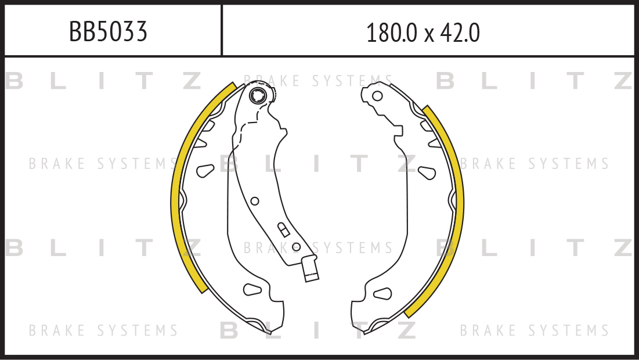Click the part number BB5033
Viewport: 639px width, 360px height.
108,33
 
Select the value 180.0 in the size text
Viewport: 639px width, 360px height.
391,34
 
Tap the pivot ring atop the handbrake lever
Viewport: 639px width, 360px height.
258,95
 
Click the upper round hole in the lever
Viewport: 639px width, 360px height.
254,201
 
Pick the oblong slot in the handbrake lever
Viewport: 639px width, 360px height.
283,229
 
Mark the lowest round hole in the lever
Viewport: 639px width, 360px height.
297,247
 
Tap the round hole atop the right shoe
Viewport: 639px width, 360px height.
377,96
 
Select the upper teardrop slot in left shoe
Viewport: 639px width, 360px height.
205,171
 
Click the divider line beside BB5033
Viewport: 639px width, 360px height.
222,30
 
